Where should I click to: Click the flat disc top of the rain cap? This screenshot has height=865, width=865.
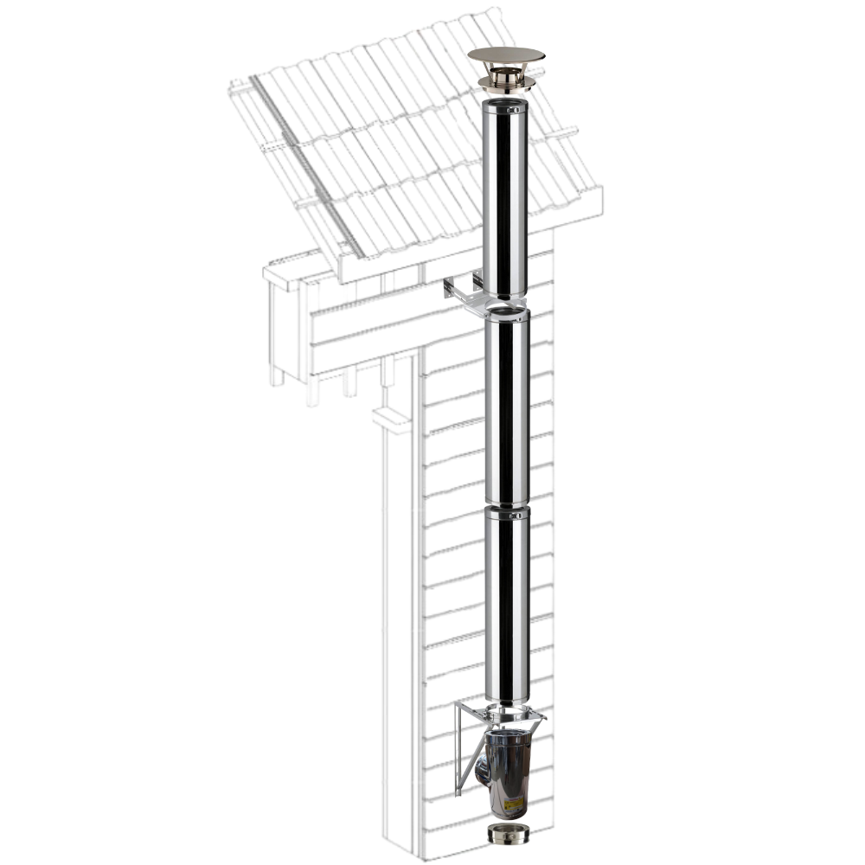click(506, 55)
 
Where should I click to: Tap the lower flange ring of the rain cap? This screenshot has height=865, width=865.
click(506, 83)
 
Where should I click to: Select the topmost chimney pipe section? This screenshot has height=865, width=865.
click(505, 199)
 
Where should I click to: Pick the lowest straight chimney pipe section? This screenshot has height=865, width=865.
click(506, 605)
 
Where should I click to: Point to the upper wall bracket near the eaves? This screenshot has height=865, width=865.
click(465, 292)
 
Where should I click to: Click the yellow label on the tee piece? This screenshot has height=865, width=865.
click(514, 804)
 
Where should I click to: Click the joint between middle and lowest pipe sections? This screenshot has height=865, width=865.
click(506, 506)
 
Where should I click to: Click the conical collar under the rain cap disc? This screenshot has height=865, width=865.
click(506, 71)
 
